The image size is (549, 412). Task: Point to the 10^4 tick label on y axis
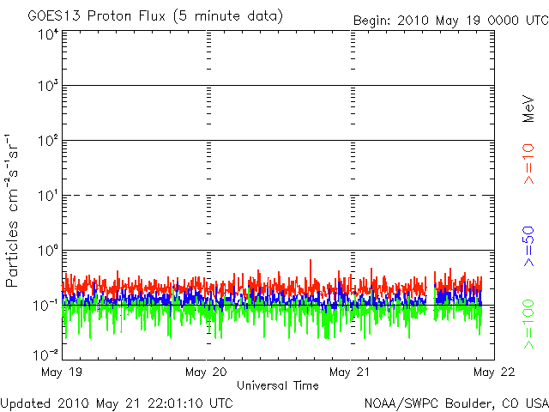(x=46, y=34)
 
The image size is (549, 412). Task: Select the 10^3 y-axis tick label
(x=46, y=86)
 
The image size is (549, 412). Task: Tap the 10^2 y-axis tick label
(x=46, y=141)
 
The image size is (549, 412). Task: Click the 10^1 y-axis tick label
(x=46, y=196)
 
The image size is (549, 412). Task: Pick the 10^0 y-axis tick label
(x=46, y=251)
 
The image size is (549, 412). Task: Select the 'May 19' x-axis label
(x=62, y=373)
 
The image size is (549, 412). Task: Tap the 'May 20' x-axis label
(x=206, y=373)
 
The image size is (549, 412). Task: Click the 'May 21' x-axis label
(x=350, y=373)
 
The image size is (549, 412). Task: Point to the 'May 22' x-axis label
(x=494, y=373)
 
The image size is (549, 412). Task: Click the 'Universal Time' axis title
(x=277, y=385)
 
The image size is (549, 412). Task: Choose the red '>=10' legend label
(x=529, y=163)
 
